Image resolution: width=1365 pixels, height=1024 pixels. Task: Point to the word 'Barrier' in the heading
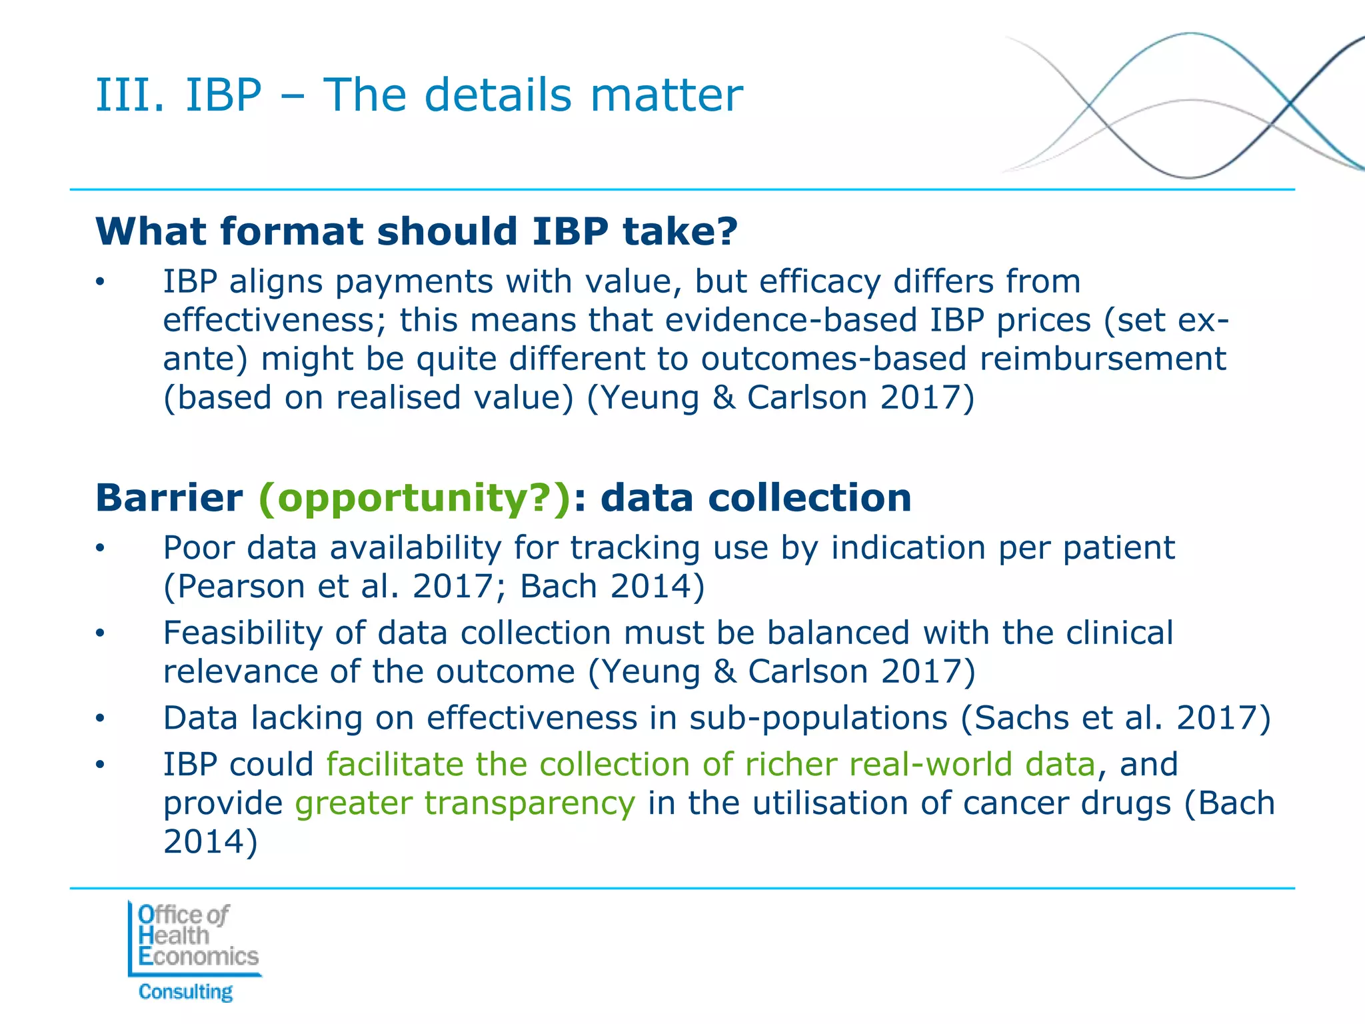pyautogui.click(x=169, y=498)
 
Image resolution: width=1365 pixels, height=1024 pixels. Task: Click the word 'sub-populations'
pyautogui.click(x=818, y=718)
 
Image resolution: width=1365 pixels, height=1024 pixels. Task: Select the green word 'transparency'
pyautogui.click(x=465, y=803)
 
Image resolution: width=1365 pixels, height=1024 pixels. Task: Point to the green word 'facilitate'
pyautogui.click(x=393, y=764)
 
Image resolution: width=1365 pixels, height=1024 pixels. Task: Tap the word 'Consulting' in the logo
pyautogui.click(x=186, y=992)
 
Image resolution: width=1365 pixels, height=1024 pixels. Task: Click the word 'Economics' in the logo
pyautogui.click(x=199, y=957)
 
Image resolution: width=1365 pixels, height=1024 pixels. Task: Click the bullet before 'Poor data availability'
pyautogui.click(x=100, y=549)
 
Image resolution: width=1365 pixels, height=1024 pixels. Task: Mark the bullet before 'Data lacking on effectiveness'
pyautogui.click(x=100, y=719)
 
